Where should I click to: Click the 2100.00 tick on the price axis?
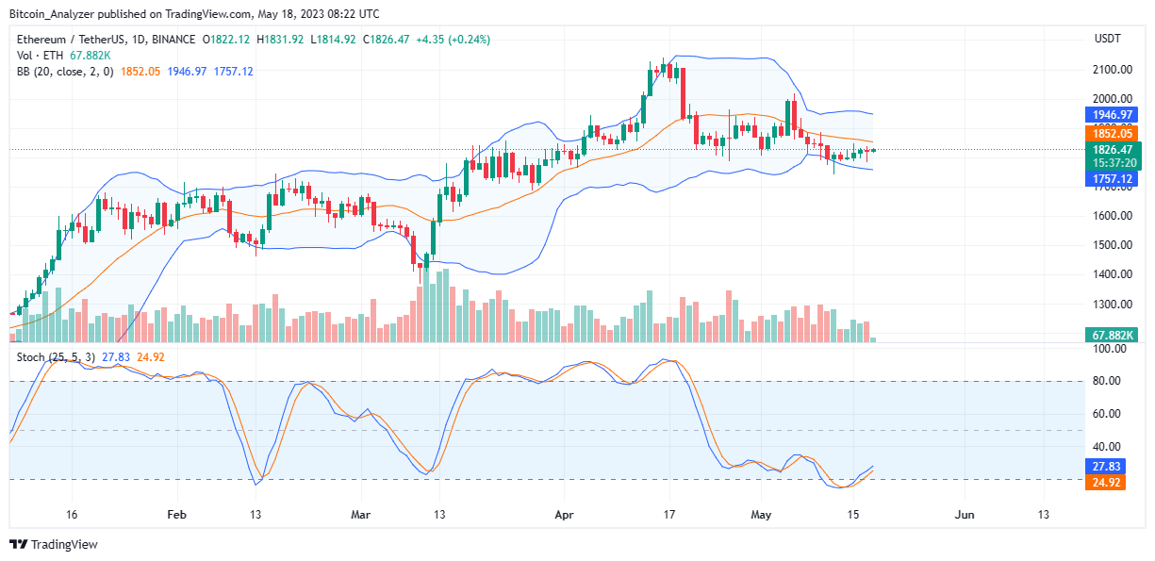click(x=1112, y=70)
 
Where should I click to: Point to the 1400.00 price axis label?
click(x=1112, y=274)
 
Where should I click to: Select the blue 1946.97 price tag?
click(x=1113, y=114)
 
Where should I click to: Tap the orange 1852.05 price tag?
click(x=1113, y=134)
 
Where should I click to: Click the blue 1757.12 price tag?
click(x=1113, y=178)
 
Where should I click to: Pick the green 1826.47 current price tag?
click(x=1113, y=149)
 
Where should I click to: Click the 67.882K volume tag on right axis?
click(x=1113, y=335)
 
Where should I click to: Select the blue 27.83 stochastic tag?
click(x=1107, y=466)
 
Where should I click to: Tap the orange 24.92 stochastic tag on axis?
click(x=1107, y=484)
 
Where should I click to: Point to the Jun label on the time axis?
click(x=965, y=515)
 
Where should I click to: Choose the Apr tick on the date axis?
click(x=563, y=515)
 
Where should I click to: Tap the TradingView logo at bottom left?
click(x=54, y=544)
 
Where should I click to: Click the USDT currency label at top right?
click(x=1109, y=39)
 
